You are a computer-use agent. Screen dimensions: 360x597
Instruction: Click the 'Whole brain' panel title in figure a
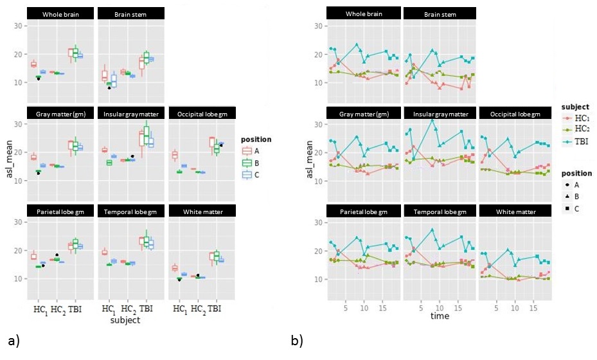61,14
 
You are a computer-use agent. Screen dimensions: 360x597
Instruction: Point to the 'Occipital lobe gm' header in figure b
513,113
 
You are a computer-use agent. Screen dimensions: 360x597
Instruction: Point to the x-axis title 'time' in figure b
440,316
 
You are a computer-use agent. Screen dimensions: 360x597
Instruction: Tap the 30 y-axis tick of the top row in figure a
18,26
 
